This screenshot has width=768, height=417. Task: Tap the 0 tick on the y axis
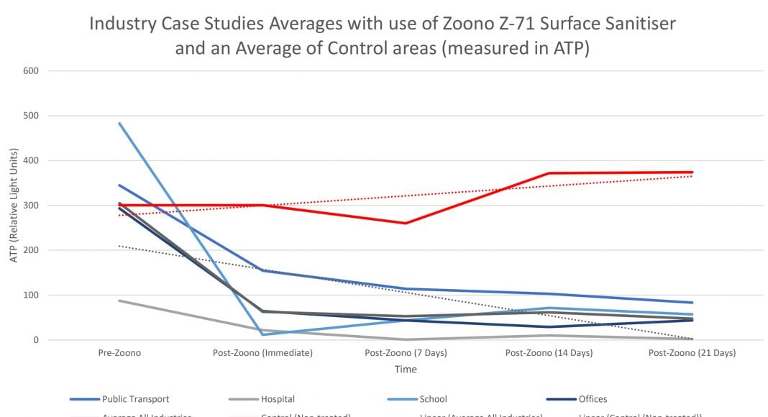coord(35,340)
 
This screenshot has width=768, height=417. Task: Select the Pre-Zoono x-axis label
coord(119,354)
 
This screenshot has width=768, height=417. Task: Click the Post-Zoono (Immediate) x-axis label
coord(262,354)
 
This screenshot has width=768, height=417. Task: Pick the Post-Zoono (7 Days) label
coord(406,354)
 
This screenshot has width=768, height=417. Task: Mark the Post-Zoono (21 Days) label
coord(692,354)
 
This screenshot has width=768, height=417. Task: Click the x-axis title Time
coord(405,370)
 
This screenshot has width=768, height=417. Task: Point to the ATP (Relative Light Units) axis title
coord(14,206)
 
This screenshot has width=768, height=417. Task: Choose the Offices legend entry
coord(592,399)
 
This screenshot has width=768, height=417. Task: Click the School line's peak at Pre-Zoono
coord(119,123)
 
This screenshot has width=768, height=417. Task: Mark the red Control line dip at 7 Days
coord(406,223)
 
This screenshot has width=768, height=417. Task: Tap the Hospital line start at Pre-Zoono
coord(119,301)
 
